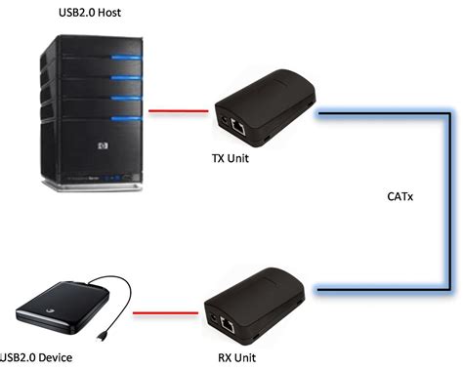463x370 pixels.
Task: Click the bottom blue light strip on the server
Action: [122, 119]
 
